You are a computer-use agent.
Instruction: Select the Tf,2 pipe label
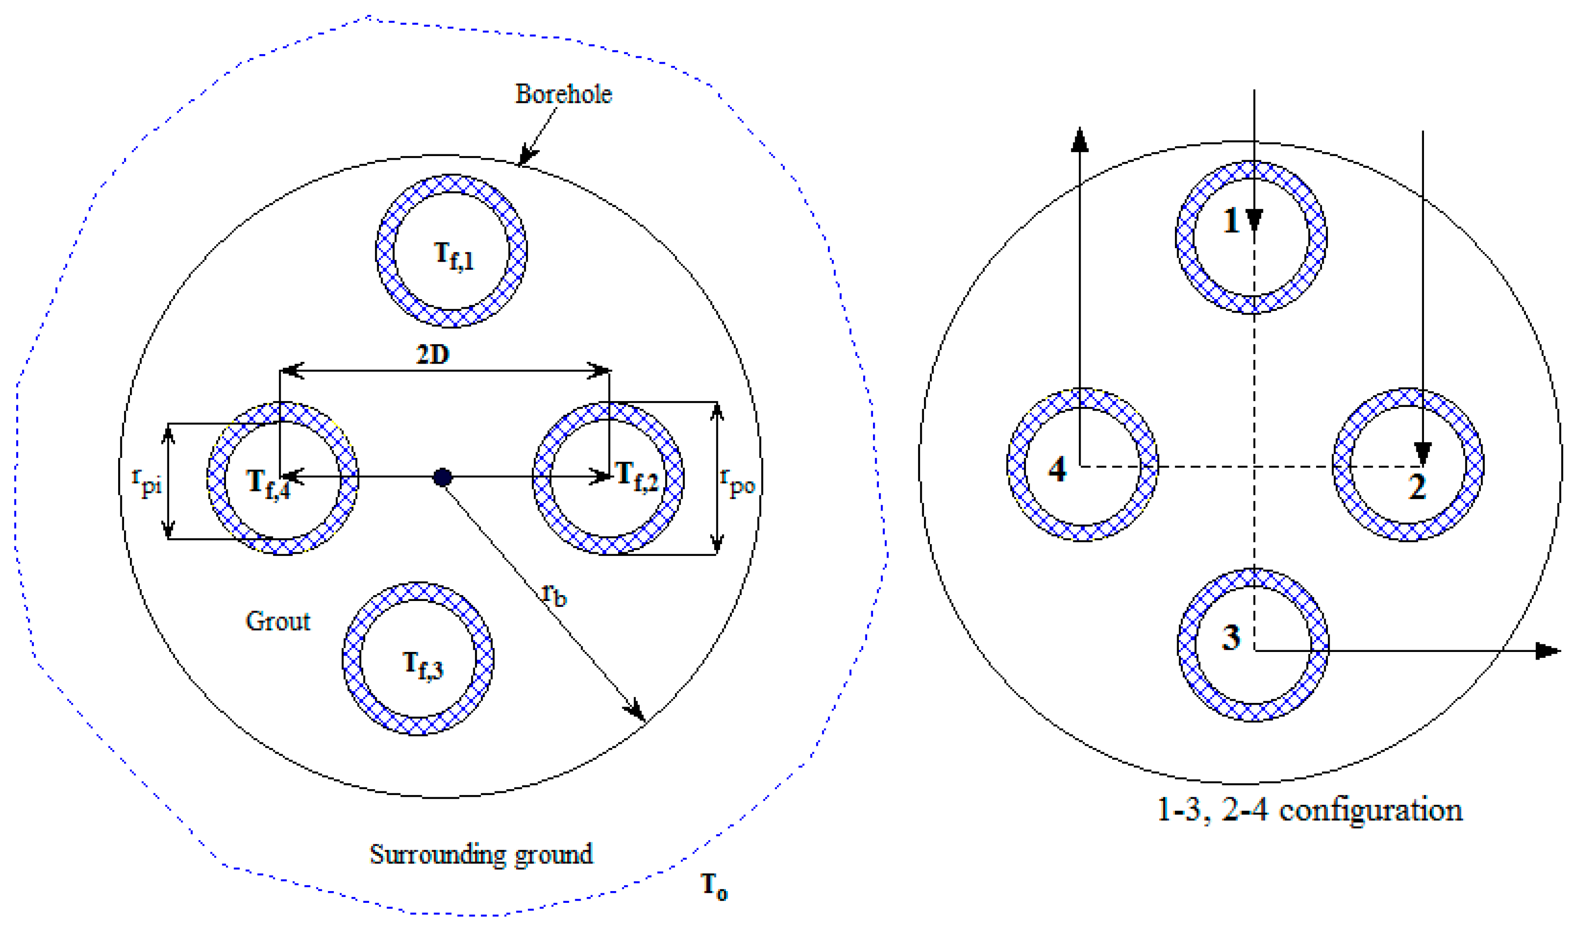coord(637,477)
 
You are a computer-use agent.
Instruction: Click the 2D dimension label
coord(433,355)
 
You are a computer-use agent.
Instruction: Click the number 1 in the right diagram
coord(1230,220)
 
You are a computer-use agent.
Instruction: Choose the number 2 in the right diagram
coord(1417,486)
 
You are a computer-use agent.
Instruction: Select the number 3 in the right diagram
coord(1230,637)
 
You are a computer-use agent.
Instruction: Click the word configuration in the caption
coord(1370,811)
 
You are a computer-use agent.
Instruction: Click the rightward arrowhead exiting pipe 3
coord(1548,651)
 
